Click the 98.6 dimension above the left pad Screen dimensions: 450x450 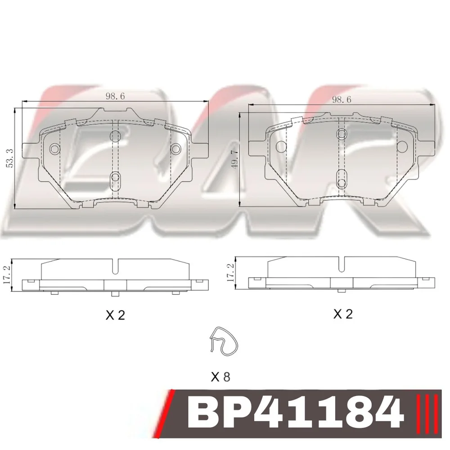[x=115, y=96]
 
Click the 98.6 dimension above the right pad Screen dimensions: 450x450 [x=341, y=99]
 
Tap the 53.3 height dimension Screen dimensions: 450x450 [x=10, y=158]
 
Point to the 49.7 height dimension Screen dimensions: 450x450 [x=235, y=159]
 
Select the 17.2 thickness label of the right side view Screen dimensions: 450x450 [x=231, y=272]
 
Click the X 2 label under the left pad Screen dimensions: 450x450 [x=115, y=315]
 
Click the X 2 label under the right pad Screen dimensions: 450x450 [x=343, y=314]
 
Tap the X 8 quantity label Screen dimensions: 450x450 [x=220, y=377]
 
